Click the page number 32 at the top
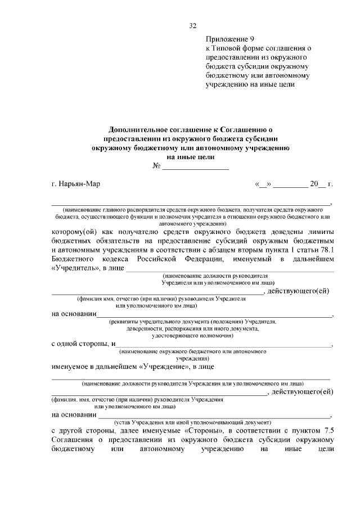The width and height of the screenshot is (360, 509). [193, 25]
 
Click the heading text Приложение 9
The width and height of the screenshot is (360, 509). [230, 39]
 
